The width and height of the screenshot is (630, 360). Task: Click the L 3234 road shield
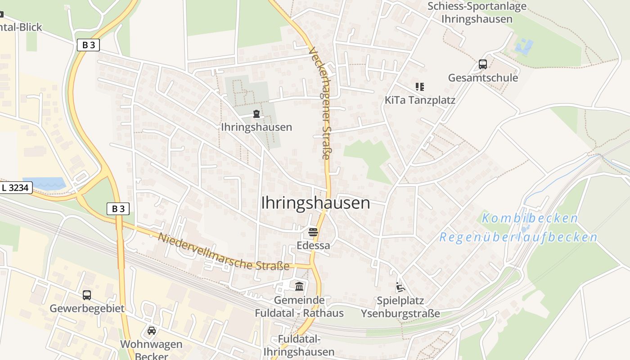16,188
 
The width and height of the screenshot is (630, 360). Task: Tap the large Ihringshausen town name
315,203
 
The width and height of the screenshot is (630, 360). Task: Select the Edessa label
313,245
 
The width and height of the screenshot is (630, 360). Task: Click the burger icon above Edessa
313,233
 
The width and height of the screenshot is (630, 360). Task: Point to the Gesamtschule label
483,78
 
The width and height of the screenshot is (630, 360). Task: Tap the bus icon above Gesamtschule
483,64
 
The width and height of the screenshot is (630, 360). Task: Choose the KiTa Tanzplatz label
420,100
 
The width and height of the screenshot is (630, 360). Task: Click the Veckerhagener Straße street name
320,103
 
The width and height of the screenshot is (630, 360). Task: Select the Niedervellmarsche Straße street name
223,252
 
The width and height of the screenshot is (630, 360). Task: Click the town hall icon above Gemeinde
299,286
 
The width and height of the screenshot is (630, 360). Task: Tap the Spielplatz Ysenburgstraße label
400,307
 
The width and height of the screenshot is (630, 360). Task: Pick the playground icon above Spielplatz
400,287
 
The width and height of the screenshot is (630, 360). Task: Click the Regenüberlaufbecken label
518,237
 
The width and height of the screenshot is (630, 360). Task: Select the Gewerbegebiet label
87,309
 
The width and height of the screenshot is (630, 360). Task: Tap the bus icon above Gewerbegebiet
87,295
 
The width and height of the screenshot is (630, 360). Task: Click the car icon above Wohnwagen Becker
152,331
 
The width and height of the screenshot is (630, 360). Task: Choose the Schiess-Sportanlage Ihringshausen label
477,13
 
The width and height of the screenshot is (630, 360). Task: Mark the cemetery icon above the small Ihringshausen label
256,114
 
